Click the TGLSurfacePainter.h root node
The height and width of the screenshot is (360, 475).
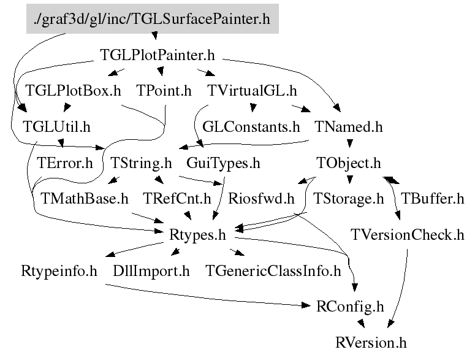152,19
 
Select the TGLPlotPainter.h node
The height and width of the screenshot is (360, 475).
157,55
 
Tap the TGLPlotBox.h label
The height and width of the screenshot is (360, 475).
73,91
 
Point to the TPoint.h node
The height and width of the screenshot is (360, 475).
164,91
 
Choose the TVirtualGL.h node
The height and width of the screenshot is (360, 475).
252,91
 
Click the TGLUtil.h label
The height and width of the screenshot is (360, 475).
56,128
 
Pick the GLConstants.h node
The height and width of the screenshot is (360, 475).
251,128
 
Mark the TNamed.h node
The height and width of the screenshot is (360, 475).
348,128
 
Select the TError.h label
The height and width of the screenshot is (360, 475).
65,164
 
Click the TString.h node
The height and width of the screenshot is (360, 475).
142,164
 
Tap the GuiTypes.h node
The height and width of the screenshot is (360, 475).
223,164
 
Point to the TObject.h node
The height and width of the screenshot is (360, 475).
349,164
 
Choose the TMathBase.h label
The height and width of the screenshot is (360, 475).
85,199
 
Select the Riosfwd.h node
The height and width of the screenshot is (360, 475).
261,199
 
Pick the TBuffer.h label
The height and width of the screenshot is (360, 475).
432,199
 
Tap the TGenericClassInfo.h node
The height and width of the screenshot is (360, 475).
273,271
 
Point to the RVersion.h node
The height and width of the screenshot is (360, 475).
371,342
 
